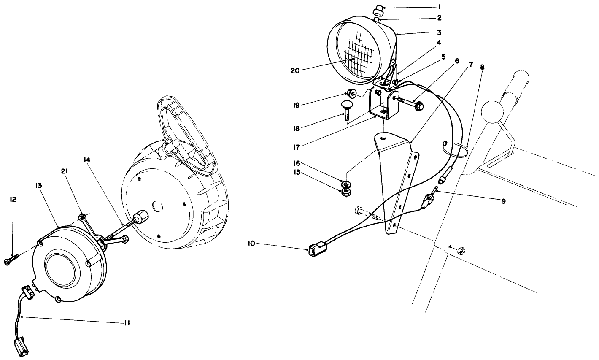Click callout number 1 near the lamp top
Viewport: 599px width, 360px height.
pyautogui.click(x=438, y=7)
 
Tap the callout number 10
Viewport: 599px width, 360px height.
pyautogui.click(x=252, y=244)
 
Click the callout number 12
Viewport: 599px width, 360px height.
pyautogui.click(x=13, y=200)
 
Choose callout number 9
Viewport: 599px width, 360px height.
pyautogui.click(x=503, y=201)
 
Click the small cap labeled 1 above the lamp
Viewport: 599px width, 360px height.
pyautogui.click(x=378, y=8)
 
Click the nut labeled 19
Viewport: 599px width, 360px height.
pyautogui.click(x=351, y=93)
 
